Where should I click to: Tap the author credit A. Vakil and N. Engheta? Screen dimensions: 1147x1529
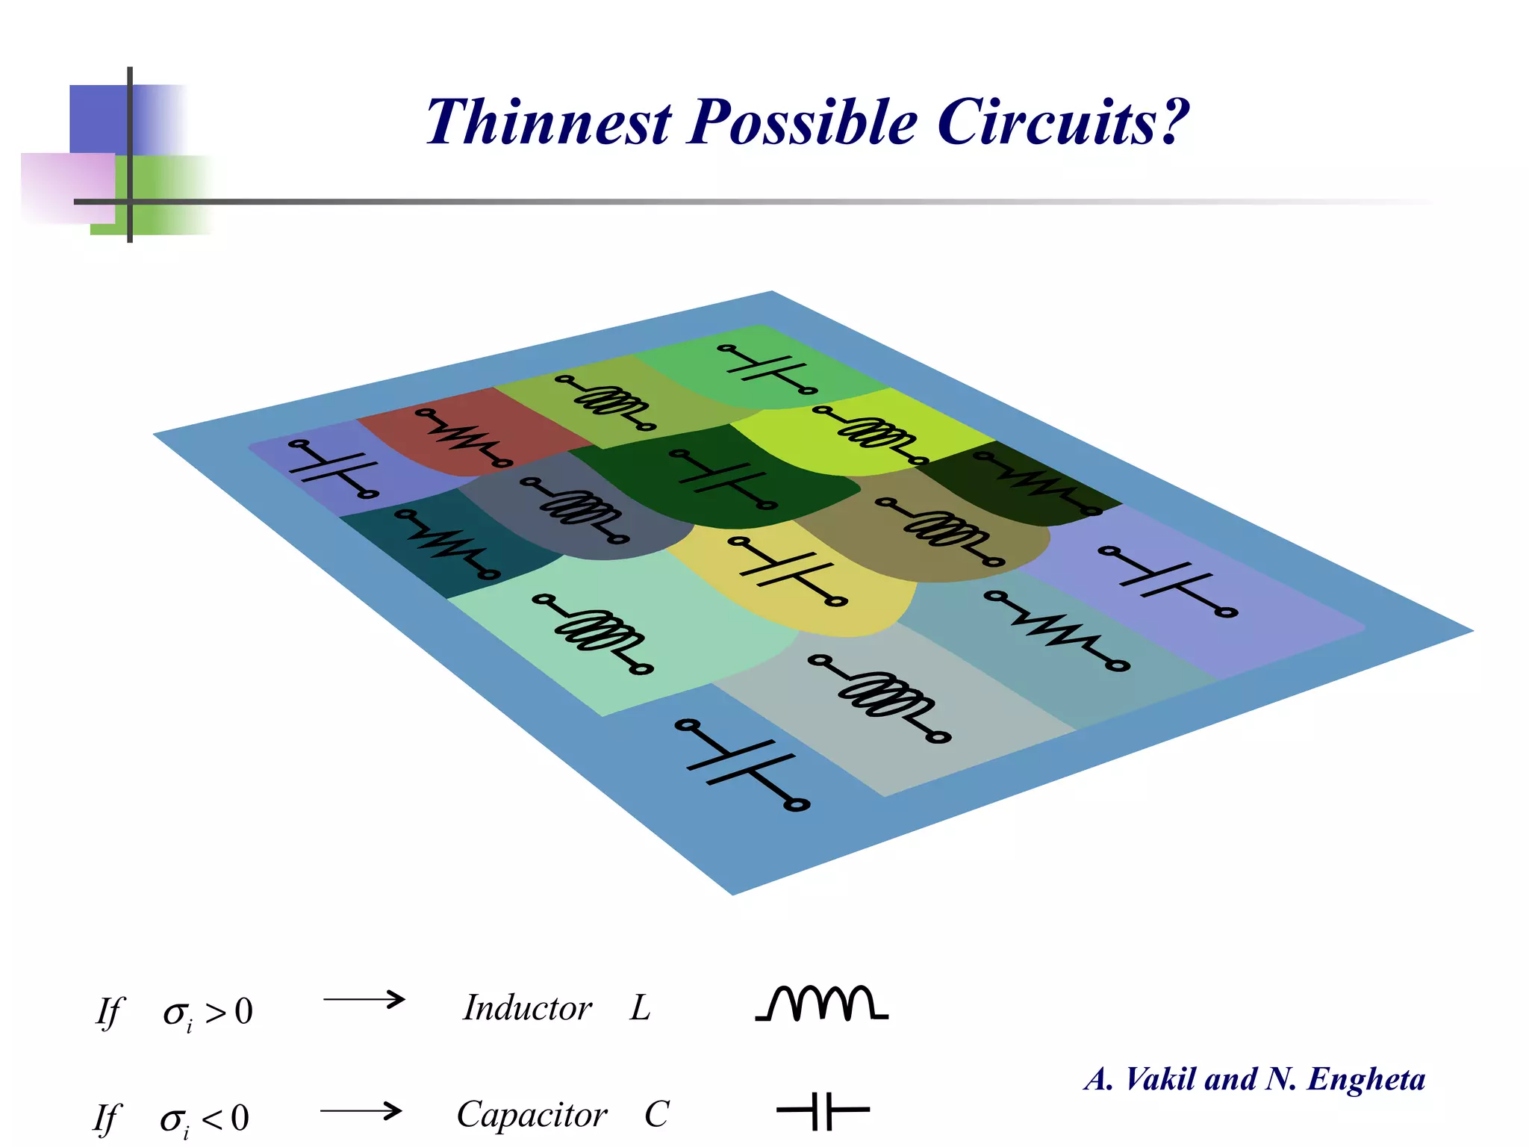(x=1255, y=1079)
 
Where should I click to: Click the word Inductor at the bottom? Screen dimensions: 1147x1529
(x=527, y=1008)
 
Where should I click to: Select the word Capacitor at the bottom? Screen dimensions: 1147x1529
(x=532, y=1115)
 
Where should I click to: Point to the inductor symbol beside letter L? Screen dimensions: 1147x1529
(x=821, y=1003)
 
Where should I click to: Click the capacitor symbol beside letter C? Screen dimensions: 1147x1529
(x=823, y=1110)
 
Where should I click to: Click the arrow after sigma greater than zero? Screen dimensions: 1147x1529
(x=364, y=999)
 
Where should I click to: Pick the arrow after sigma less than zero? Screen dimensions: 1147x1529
(x=362, y=1111)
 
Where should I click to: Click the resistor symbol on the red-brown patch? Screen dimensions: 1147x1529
(x=464, y=437)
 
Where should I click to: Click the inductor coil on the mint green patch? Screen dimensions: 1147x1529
(x=594, y=633)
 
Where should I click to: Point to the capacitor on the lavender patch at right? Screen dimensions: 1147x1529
(x=1168, y=582)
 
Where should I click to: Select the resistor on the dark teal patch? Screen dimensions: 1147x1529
(x=447, y=544)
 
